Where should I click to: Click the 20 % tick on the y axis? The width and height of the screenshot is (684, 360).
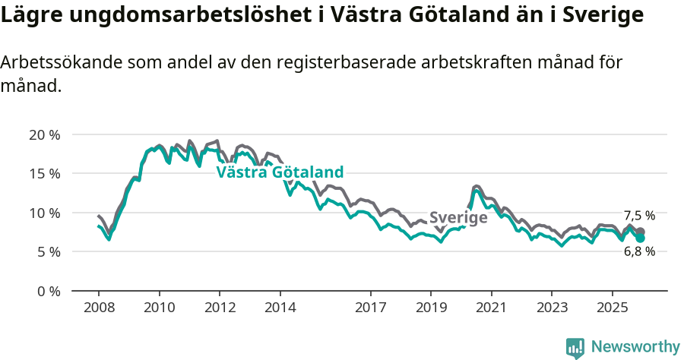(44, 135)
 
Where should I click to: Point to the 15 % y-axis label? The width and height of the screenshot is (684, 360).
(44, 174)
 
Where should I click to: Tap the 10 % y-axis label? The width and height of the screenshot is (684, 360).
(44, 213)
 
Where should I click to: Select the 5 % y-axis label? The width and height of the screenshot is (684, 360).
(47, 251)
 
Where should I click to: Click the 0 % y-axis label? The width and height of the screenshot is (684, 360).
(47, 291)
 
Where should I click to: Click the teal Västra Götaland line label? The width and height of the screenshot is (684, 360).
(280, 172)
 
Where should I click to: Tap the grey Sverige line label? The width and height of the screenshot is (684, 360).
(458, 218)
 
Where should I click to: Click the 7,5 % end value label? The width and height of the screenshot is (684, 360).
(639, 216)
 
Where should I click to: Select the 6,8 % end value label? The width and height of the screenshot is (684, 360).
(639, 251)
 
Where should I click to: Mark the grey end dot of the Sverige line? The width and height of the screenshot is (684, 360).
(641, 232)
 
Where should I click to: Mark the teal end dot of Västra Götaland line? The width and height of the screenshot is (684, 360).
(641, 238)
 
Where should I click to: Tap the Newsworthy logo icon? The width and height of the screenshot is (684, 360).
(575, 348)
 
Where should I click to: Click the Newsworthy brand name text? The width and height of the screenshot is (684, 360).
(635, 347)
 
